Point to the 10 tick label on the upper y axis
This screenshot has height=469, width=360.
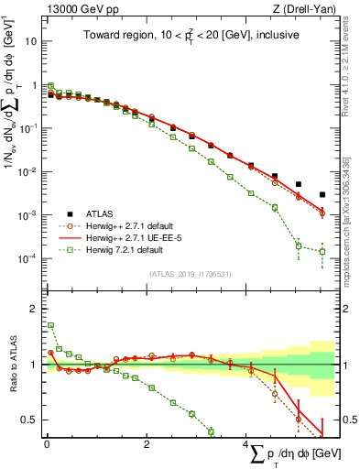coord(29,42)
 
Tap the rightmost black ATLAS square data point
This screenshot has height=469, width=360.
coord(322,194)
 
